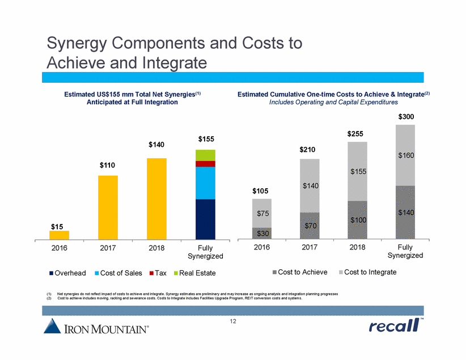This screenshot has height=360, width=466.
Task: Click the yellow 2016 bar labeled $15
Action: [59, 235]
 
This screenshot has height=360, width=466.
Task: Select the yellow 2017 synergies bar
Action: [108, 207]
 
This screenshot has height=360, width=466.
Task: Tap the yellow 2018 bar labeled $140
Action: [156, 198]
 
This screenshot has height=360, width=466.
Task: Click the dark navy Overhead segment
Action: [205, 219]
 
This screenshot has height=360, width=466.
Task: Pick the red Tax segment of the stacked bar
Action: [205, 164]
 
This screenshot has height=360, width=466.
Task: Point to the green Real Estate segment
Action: [205, 155]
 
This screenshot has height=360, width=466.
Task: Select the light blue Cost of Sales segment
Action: [205, 183]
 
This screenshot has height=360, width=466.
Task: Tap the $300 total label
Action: [405, 117]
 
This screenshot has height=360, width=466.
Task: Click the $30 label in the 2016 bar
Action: [262, 233]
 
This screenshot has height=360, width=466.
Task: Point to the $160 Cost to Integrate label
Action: [405, 155]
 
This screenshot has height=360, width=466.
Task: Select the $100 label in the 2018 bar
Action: [358, 219]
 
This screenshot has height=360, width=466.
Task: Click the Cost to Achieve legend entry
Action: [300, 273]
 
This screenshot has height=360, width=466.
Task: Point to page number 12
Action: [233, 321]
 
